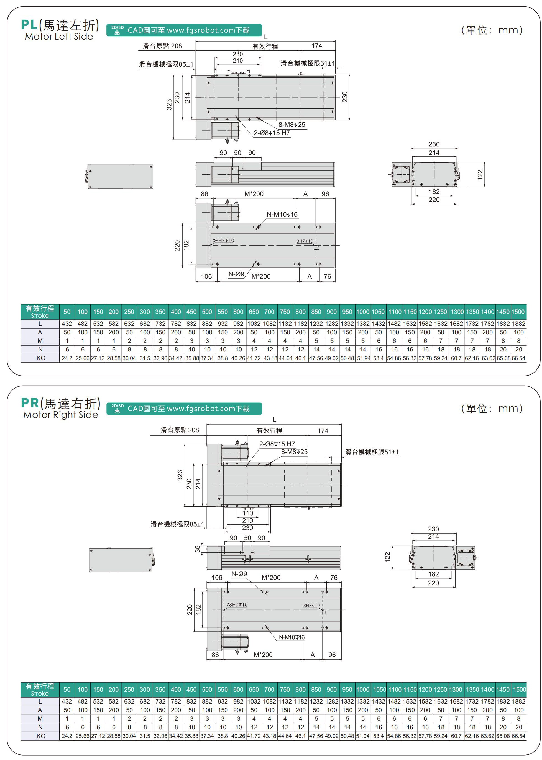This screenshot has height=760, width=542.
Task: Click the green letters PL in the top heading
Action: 29,25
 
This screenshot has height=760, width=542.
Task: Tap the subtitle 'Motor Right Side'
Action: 61,415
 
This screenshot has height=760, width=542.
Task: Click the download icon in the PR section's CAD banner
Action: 117,410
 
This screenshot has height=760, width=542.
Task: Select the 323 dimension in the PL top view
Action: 169,105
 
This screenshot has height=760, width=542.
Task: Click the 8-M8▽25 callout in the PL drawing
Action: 292,125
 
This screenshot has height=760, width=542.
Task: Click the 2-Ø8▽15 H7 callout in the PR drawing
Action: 277,444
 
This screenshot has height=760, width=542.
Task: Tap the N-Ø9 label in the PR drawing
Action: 239,574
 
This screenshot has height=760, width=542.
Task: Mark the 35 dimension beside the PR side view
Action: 198,548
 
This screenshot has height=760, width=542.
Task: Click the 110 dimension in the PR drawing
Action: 248,513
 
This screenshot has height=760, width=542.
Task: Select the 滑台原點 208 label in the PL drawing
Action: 163,46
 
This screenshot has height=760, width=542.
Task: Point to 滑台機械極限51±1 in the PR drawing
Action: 372,452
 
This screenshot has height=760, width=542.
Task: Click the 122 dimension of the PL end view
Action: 480,175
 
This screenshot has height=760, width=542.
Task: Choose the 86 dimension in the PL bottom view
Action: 204,194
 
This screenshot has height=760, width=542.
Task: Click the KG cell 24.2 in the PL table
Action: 67,358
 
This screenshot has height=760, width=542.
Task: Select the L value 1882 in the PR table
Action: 518,701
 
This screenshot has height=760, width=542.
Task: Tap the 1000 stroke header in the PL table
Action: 362,312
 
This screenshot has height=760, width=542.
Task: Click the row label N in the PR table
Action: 40,727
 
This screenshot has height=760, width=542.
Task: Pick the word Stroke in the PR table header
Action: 40,693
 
